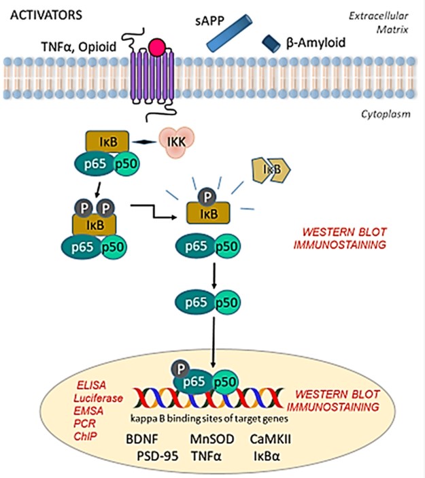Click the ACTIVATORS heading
(42, 14)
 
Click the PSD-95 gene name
(156, 458)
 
